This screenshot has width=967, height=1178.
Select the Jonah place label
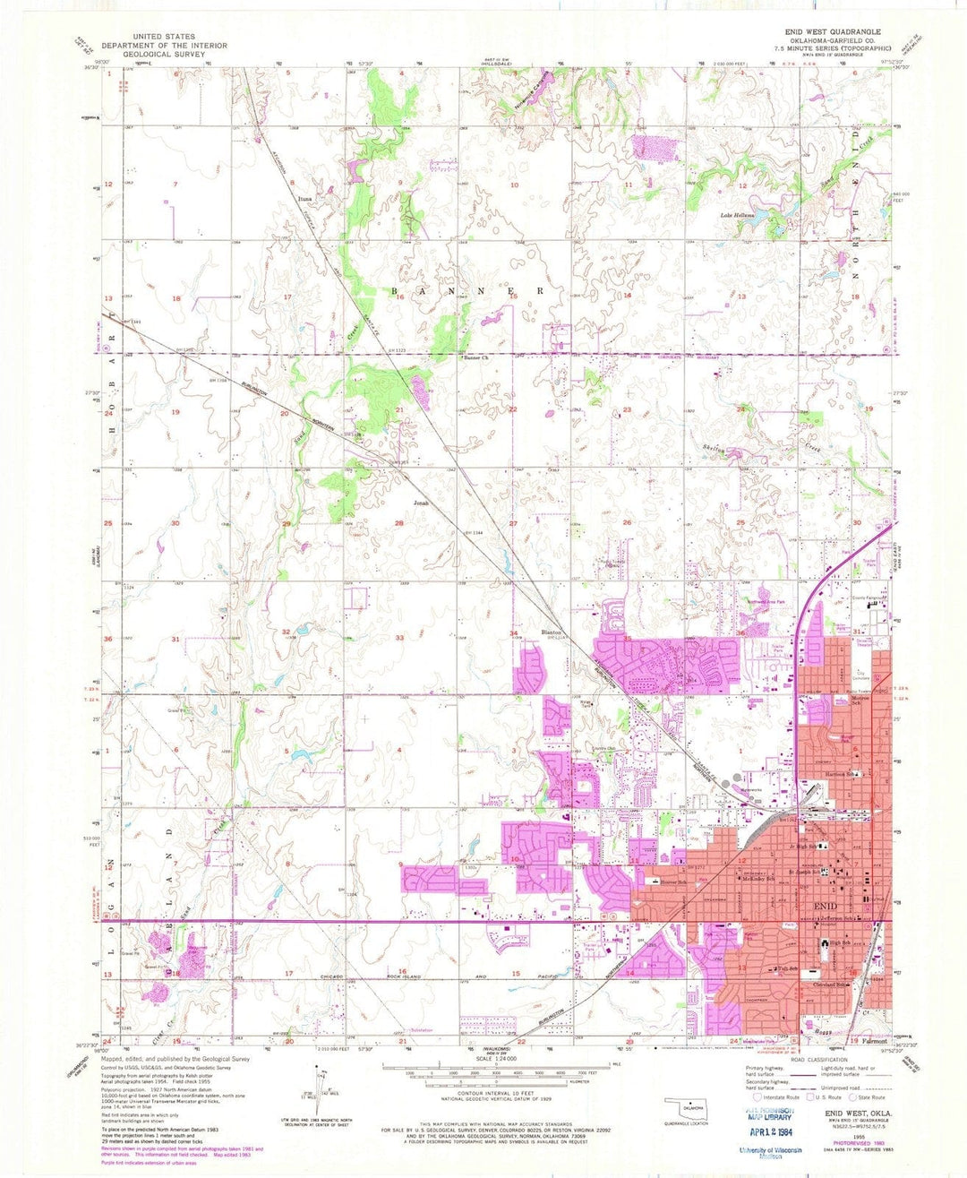coord(421,503)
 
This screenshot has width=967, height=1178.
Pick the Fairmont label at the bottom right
coord(874,1041)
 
